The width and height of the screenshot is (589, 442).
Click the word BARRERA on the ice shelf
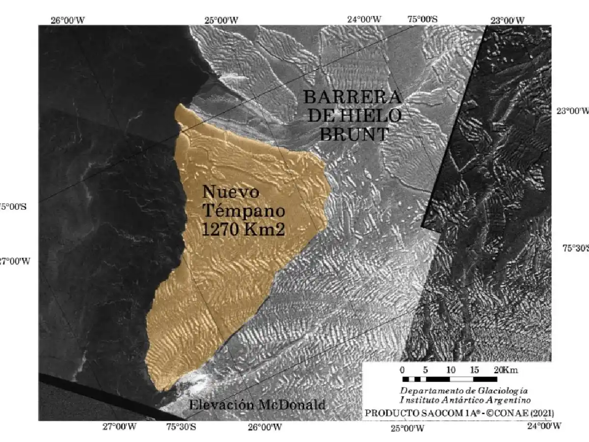(352, 96)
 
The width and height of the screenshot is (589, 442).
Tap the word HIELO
(376, 115)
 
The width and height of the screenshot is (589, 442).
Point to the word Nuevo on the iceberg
(231, 192)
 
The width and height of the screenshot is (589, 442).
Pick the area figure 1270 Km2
(243, 229)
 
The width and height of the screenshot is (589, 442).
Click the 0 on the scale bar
(402, 370)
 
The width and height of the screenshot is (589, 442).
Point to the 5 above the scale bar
(426, 370)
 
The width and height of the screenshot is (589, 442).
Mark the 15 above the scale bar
(474, 370)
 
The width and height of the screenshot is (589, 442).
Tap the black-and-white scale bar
(449, 379)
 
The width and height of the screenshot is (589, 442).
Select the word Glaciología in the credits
(503, 391)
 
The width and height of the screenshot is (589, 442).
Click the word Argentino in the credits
(503, 400)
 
